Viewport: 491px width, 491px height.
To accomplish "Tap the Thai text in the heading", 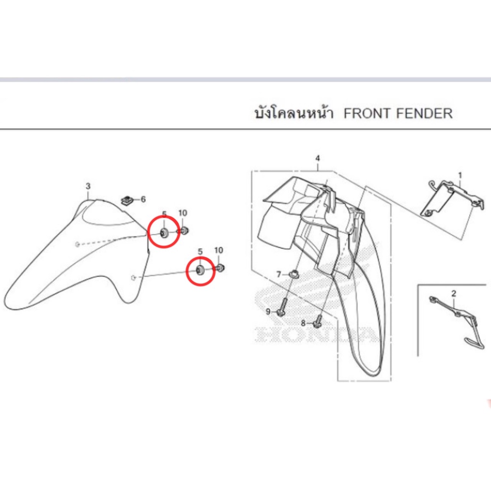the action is click(x=294, y=113).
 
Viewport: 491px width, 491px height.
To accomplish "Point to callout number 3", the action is click(x=88, y=186).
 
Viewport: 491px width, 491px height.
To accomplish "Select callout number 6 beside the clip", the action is click(x=143, y=199).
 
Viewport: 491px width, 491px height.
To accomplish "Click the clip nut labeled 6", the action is click(x=127, y=200).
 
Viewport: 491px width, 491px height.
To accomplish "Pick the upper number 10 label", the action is click(x=183, y=213).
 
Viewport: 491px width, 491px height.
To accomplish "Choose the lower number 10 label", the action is click(x=219, y=250).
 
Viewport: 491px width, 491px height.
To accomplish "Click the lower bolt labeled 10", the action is click(x=220, y=268).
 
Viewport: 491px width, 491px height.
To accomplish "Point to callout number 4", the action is click(x=317, y=158).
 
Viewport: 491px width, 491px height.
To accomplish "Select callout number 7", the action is click(x=279, y=275).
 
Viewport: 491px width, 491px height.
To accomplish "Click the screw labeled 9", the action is click(x=282, y=307).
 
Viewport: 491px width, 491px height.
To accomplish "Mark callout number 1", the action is click(x=460, y=175).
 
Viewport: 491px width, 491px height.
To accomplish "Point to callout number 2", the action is click(x=454, y=293).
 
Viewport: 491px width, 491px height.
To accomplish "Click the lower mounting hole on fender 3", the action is click(x=133, y=278).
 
